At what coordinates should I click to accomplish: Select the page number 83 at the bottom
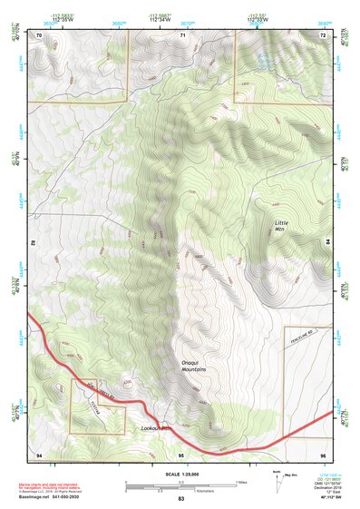pyautogui.click(x=180, y=499)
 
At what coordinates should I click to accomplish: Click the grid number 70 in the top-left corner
pyautogui.click(x=40, y=34)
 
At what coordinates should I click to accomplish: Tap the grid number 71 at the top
pyautogui.click(x=182, y=34)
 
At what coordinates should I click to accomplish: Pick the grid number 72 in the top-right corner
pyautogui.click(x=322, y=34)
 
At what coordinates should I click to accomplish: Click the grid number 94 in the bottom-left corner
pyautogui.click(x=39, y=453)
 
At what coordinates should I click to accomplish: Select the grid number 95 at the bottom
pyautogui.click(x=181, y=453)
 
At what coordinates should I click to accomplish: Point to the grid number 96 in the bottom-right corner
pyautogui.click(x=322, y=453)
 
